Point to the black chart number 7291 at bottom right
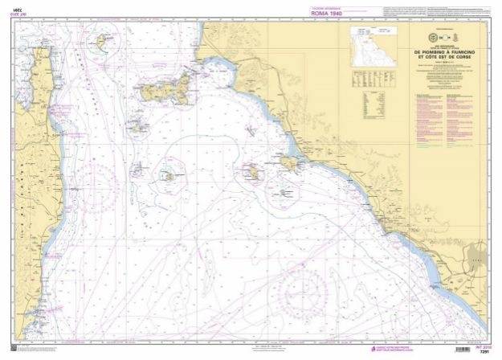coord(482,352)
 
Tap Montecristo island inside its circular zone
coord(169,174)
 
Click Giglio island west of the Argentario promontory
coord(251,171)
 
